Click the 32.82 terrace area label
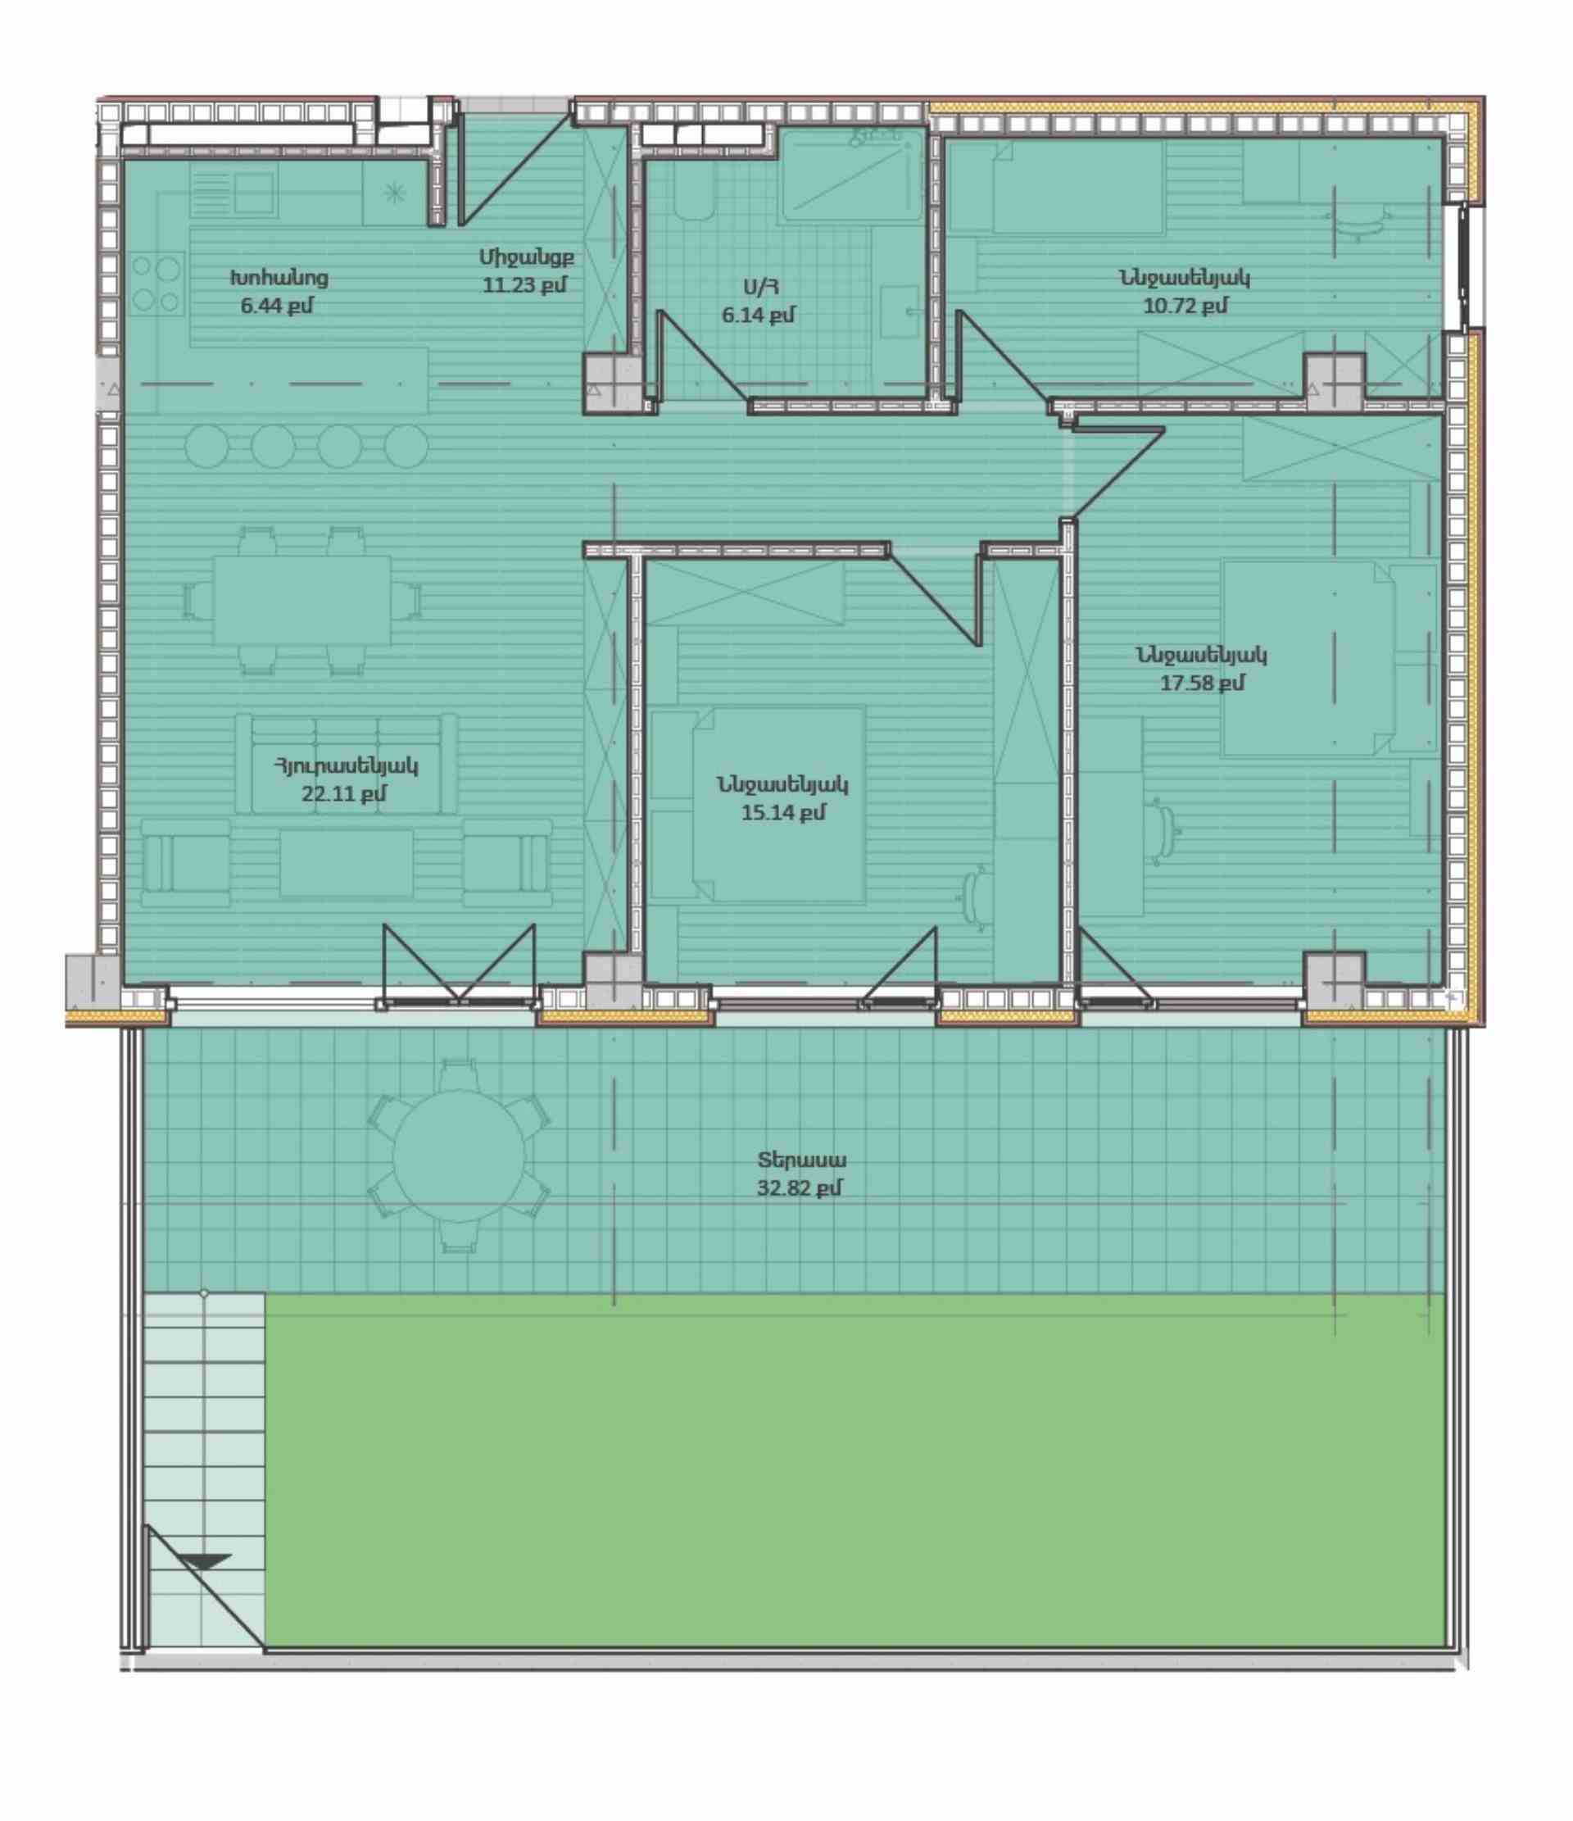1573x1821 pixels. [799, 1189]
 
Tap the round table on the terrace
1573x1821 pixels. [459, 1156]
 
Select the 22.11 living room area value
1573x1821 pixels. [343, 793]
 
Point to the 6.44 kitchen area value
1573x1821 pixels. [277, 306]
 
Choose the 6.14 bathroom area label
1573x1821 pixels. [759, 315]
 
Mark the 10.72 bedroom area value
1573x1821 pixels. [1185, 306]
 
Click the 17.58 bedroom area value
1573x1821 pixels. [1202, 683]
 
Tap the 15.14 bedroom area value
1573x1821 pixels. [783, 813]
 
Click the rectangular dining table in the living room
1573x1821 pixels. [302, 600]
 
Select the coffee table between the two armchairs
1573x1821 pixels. [347, 863]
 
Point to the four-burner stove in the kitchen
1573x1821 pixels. [157, 283]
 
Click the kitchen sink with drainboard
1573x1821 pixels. [232, 193]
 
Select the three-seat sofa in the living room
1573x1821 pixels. [347, 763]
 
